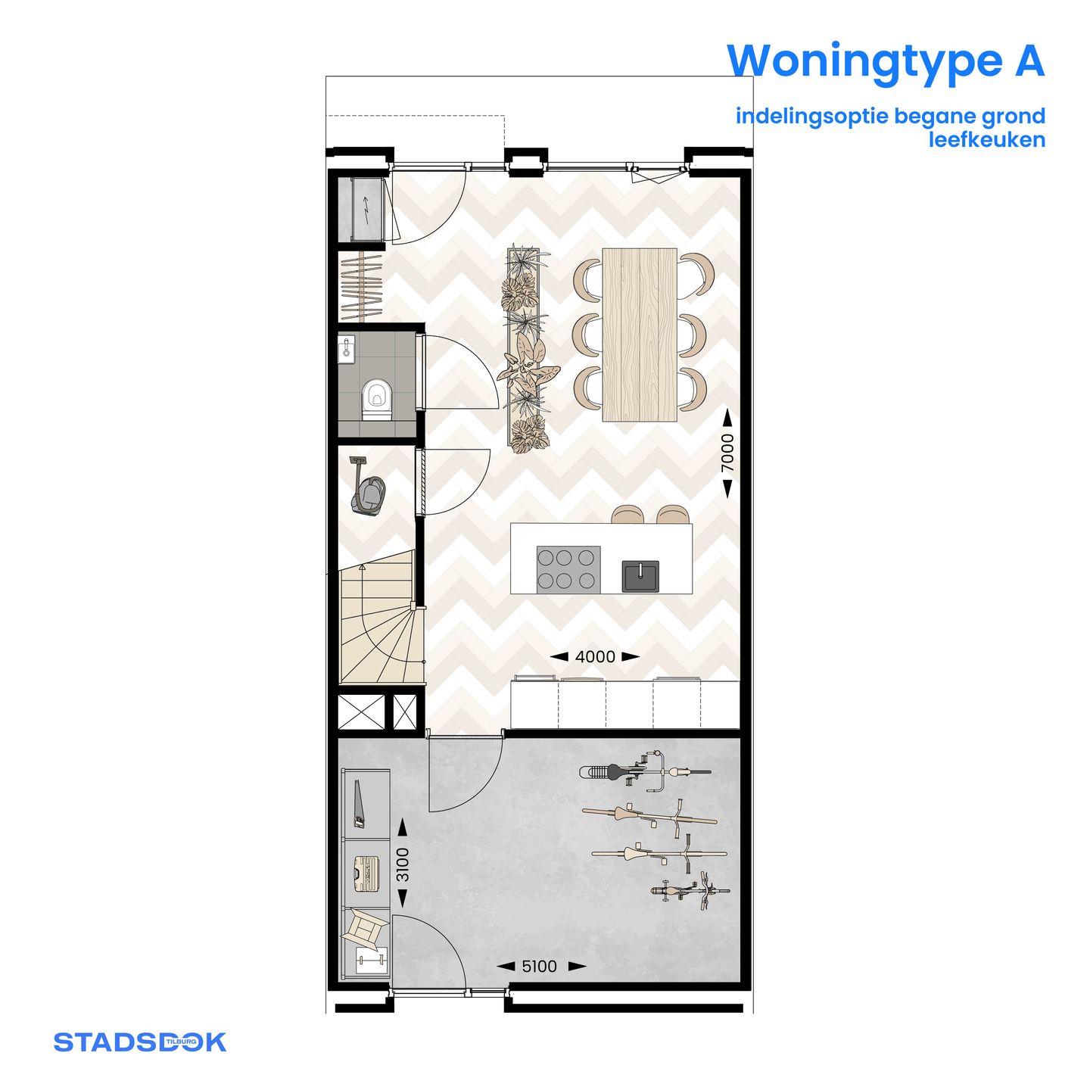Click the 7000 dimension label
(727, 453)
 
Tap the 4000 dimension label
(595, 657)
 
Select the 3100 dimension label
(403, 864)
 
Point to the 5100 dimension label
(539, 967)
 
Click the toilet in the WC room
(376, 399)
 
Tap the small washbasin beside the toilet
(347, 348)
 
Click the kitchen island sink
(640, 576)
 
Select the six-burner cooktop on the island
(568, 569)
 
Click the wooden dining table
(640, 335)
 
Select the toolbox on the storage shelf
(366, 874)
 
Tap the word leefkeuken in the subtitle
(987, 140)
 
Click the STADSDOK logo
(139, 1042)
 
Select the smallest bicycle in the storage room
(690, 891)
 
